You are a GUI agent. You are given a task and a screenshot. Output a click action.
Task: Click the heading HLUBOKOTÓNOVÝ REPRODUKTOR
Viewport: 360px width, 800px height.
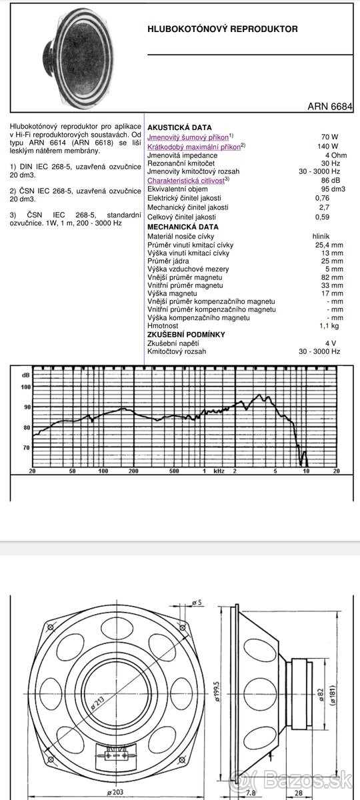(x=223, y=29)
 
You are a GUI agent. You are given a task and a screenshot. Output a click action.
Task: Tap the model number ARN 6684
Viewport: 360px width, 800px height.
(x=330, y=106)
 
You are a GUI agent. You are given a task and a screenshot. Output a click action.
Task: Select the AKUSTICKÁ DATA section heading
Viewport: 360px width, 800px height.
(x=179, y=127)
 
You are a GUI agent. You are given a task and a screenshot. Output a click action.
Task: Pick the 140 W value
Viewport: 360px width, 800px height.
(x=327, y=146)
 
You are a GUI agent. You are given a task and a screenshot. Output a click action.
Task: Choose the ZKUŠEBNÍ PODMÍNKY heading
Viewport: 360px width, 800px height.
(x=186, y=335)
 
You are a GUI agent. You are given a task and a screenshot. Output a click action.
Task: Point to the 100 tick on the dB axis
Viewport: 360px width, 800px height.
(x=25, y=387)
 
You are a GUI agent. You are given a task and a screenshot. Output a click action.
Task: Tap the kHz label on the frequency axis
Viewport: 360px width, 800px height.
(x=219, y=471)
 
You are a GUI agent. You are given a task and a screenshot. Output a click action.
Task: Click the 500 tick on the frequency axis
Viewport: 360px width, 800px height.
(x=174, y=471)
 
